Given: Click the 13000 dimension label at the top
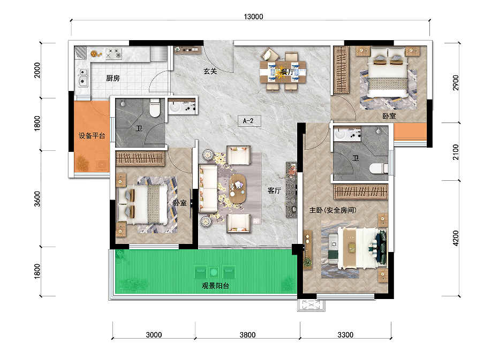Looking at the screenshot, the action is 253,17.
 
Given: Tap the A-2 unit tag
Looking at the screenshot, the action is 248,121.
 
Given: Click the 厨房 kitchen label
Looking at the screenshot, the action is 113,78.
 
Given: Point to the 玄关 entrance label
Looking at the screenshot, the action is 210,71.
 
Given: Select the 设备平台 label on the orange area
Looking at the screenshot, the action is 92,136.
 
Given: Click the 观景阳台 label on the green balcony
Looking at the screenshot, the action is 215,286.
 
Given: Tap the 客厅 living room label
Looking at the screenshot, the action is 274,190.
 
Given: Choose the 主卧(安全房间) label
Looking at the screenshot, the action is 333,210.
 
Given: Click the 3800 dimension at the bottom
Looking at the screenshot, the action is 247,335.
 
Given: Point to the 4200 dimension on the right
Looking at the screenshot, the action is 456,238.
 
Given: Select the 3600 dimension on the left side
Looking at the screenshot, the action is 37,199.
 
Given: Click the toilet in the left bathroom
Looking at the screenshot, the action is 155,108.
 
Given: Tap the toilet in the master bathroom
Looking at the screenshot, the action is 379,168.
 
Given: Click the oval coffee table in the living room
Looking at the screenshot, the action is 238,189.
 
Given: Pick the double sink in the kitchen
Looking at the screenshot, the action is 83,77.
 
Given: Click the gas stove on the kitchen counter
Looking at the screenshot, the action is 114,53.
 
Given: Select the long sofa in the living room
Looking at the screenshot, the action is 208,188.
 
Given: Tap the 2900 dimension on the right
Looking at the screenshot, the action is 456,82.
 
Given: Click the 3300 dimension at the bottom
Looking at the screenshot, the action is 345,335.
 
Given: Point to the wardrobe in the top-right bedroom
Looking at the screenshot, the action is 341,70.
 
